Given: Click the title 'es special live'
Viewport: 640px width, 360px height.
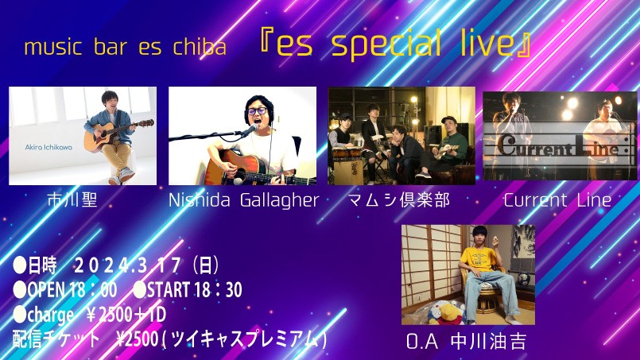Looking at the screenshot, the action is [395, 43].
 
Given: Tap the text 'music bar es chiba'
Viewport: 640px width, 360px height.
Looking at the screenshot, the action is [125, 47].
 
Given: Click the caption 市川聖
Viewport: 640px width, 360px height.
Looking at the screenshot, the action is [72, 200].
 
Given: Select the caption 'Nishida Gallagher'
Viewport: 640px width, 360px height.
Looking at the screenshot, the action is [243, 200].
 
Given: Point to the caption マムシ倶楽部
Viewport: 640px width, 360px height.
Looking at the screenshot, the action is [399, 200].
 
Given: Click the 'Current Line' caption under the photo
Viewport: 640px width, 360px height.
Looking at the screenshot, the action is [557, 200].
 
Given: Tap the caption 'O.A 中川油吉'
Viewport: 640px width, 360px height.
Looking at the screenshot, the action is [466, 342].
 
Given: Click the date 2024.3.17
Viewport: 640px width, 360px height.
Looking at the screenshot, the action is [127, 266].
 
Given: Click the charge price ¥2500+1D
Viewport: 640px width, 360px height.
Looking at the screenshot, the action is [126, 315].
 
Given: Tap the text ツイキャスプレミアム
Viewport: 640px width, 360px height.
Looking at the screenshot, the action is [244, 339].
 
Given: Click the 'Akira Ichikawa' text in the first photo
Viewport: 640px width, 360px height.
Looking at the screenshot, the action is [48, 147].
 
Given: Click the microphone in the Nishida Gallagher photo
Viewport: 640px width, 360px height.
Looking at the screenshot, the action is [248, 130].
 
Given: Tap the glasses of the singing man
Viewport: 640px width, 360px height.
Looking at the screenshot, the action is [257, 110].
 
